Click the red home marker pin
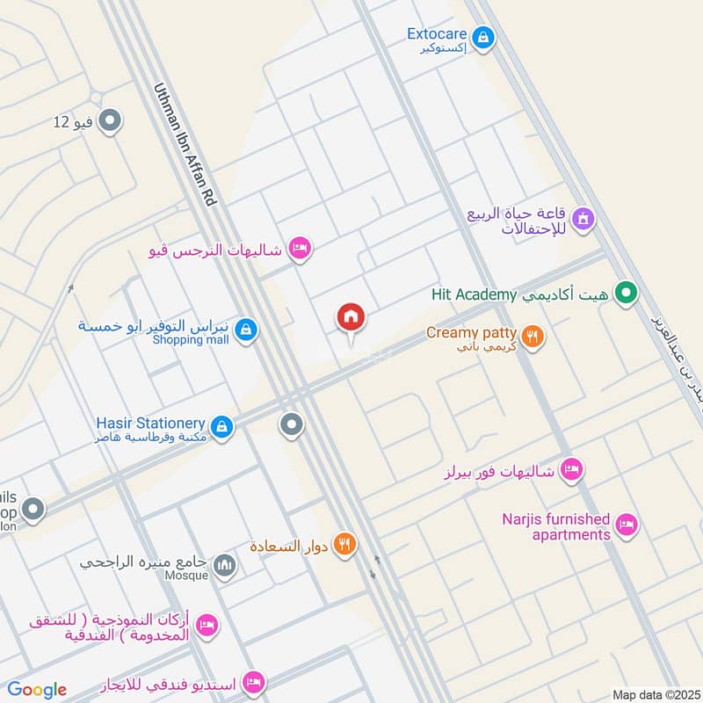tap(351, 317)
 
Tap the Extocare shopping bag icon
tap(482, 38)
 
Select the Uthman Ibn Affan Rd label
tap(185, 144)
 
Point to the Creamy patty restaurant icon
tap(532, 336)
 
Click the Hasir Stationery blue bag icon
tap(223, 426)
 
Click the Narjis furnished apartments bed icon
tap(627, 525)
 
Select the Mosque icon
tap(225, 565)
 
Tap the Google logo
tap(37, 690)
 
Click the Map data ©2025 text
tap(655, 694)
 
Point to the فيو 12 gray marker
tap(110, 120)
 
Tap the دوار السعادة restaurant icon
tap(344, 545)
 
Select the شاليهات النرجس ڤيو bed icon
tap(300, 250)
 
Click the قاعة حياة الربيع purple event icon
tap(582, 218)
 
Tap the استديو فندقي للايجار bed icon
tap(254, 681)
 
